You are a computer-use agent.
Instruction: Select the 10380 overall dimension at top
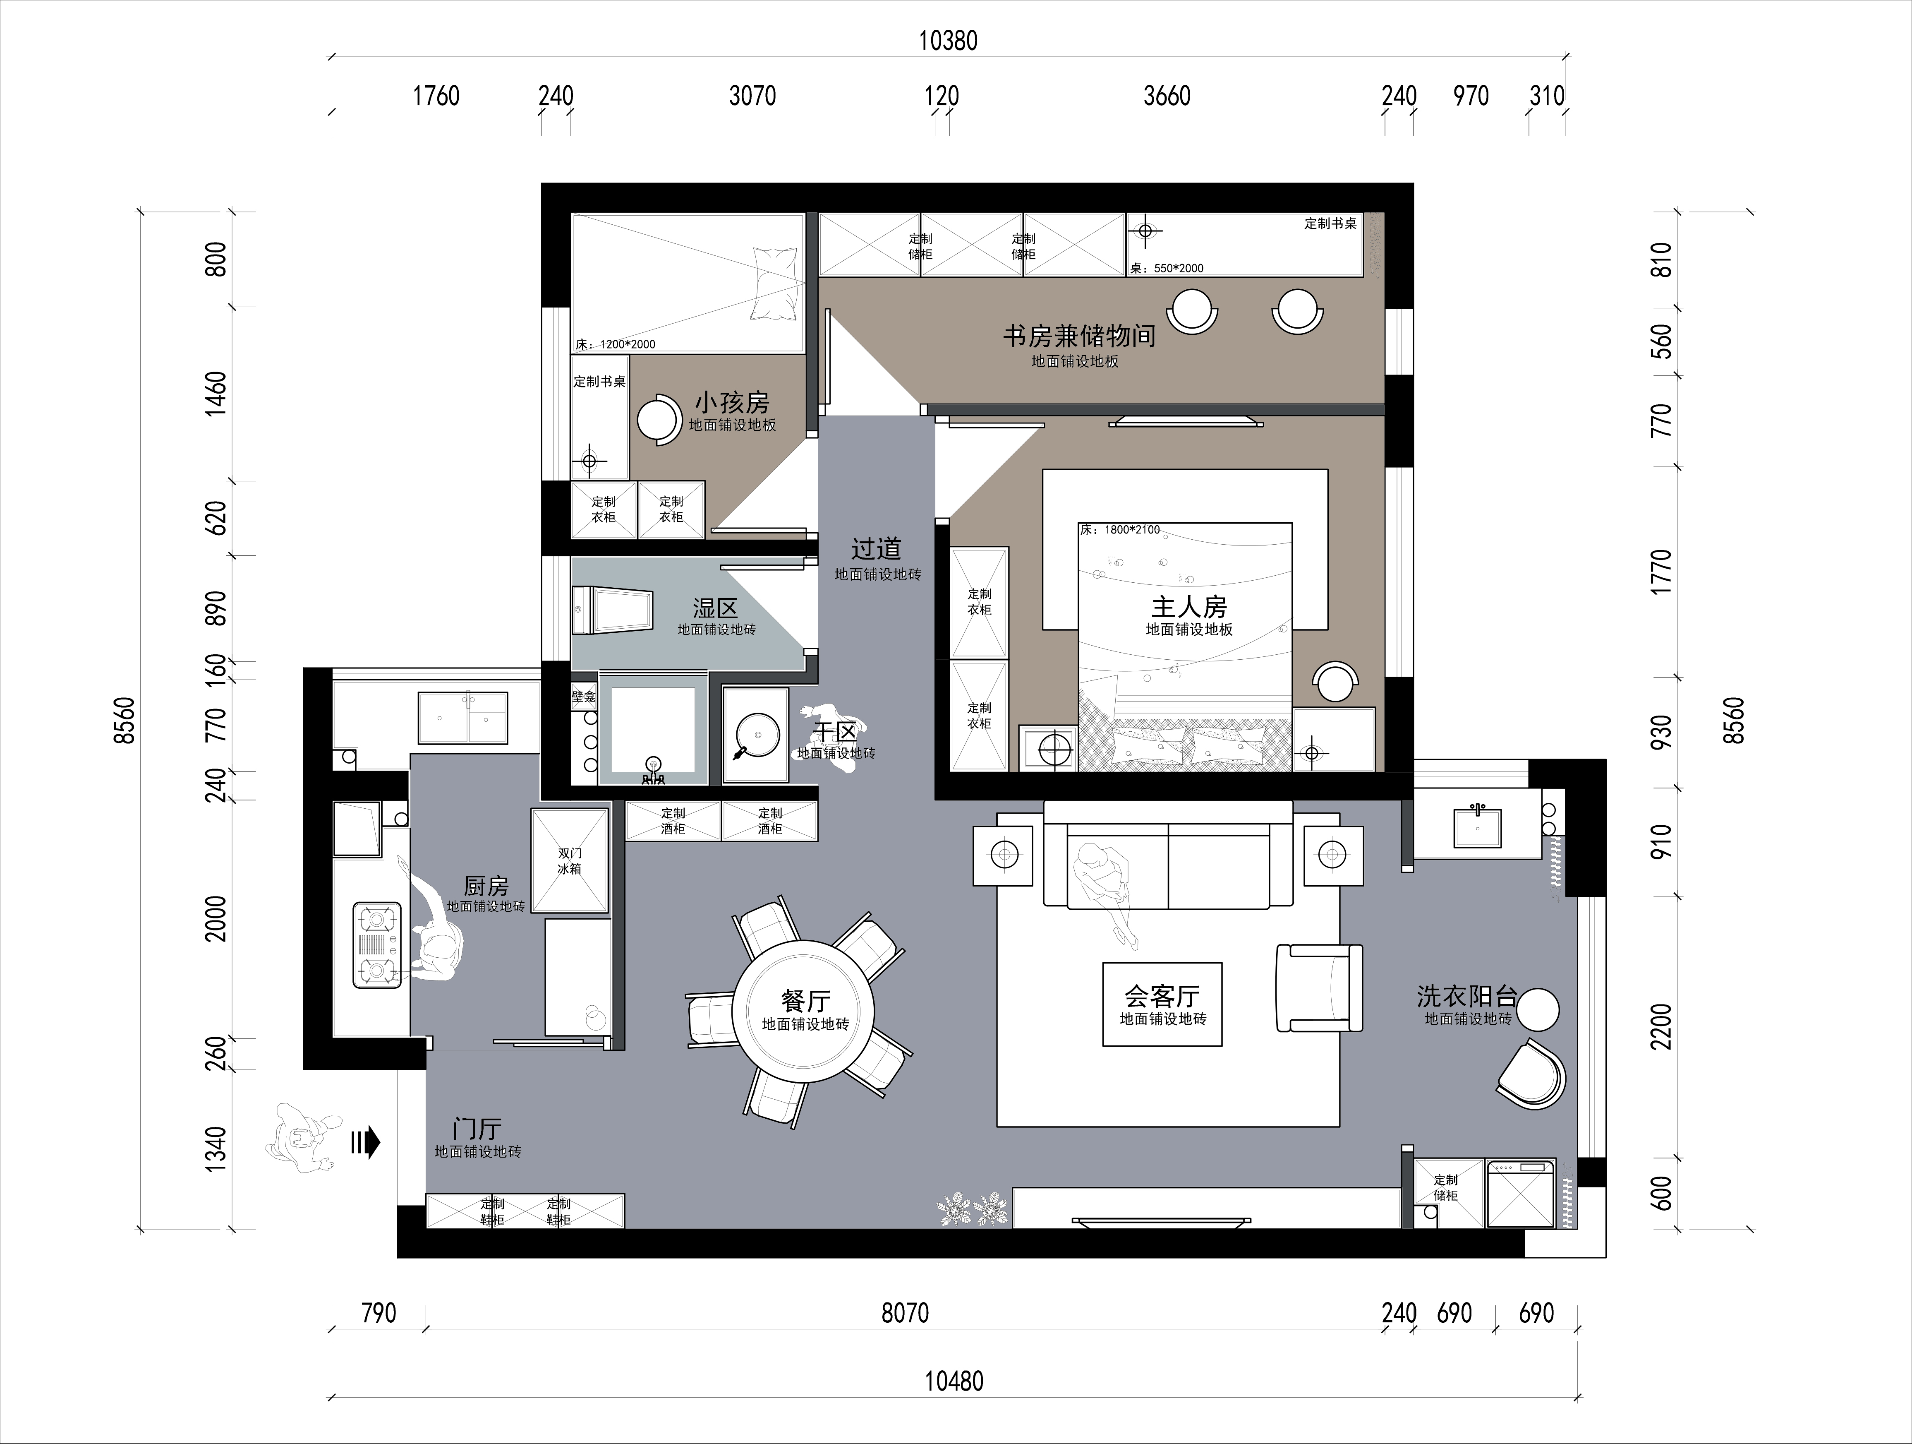[x=948, y=41]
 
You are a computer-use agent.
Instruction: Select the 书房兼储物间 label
[x=1079, y=336]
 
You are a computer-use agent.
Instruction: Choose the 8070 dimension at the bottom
[x=905, y=1312]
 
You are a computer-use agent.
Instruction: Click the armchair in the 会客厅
[x=1319, y=987]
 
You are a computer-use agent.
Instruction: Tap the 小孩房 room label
[x=732, y=403]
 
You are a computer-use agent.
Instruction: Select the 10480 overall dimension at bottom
[x=954, y=1381]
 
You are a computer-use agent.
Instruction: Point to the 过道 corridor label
[x=877, y=549]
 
